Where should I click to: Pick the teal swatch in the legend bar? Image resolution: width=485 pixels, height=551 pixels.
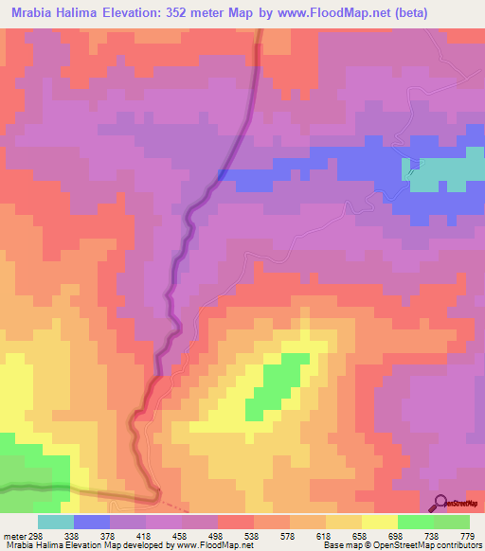pos(56,522)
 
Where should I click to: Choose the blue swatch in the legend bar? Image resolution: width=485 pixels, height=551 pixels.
pos(92,522)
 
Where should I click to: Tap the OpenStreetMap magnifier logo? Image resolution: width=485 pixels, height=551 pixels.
pos(441,502)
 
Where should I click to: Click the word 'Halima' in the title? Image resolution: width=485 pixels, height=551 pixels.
pos(79,13)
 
